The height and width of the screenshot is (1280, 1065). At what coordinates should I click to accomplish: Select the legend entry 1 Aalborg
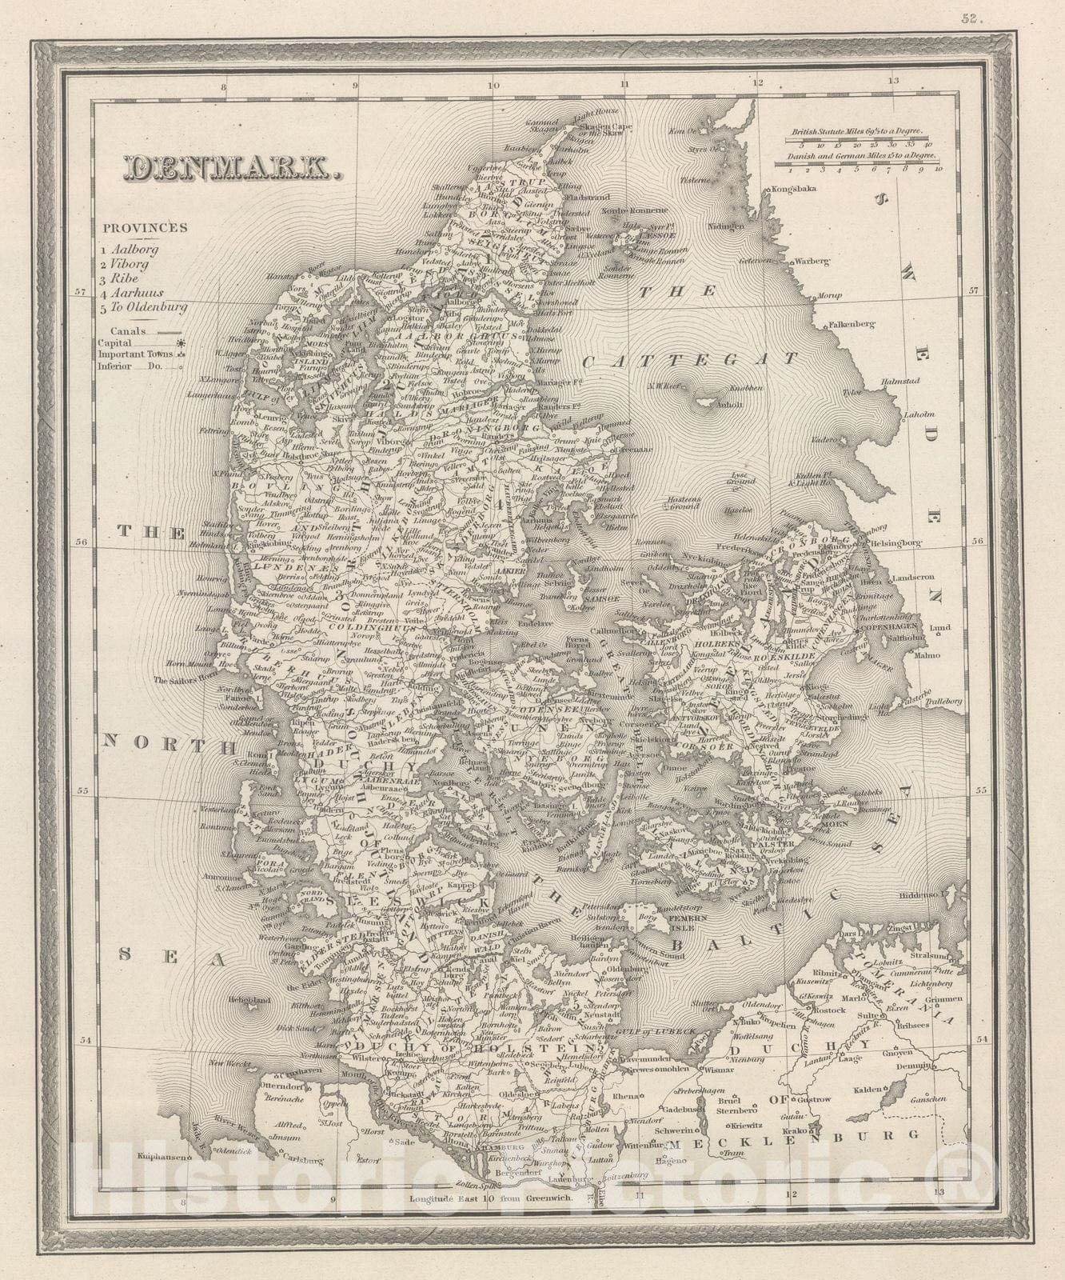(130, 250)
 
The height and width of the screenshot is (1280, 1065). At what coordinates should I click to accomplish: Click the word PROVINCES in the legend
(145, 227)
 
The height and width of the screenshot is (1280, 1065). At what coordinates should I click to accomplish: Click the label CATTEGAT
(691, 361)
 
